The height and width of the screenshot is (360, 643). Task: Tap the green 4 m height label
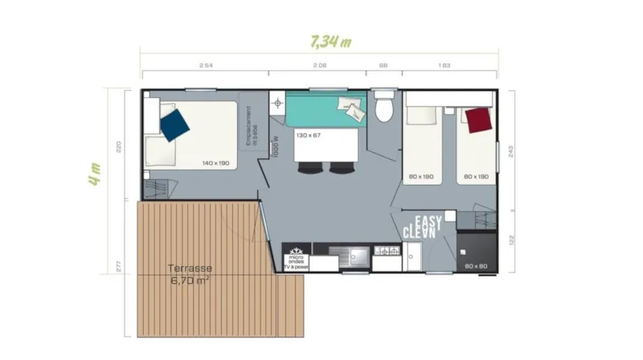(x=96, y=174)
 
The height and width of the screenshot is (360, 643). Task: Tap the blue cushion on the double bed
(x=174, y=125)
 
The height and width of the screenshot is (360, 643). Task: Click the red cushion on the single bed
(x=479, y=121)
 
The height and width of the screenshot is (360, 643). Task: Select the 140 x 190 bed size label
(x=215, y=163)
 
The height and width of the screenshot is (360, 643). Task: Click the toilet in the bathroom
(x=384, y=108)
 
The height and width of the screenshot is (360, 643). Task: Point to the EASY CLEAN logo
(x=424, y=227)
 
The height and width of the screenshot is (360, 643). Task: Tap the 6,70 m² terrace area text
(x=190, y=281)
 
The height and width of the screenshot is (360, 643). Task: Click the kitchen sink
(x=354, y=257)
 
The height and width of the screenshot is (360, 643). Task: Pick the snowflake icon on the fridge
(x=294, y=250)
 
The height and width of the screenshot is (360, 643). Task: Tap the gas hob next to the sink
(x=386, y=254)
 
